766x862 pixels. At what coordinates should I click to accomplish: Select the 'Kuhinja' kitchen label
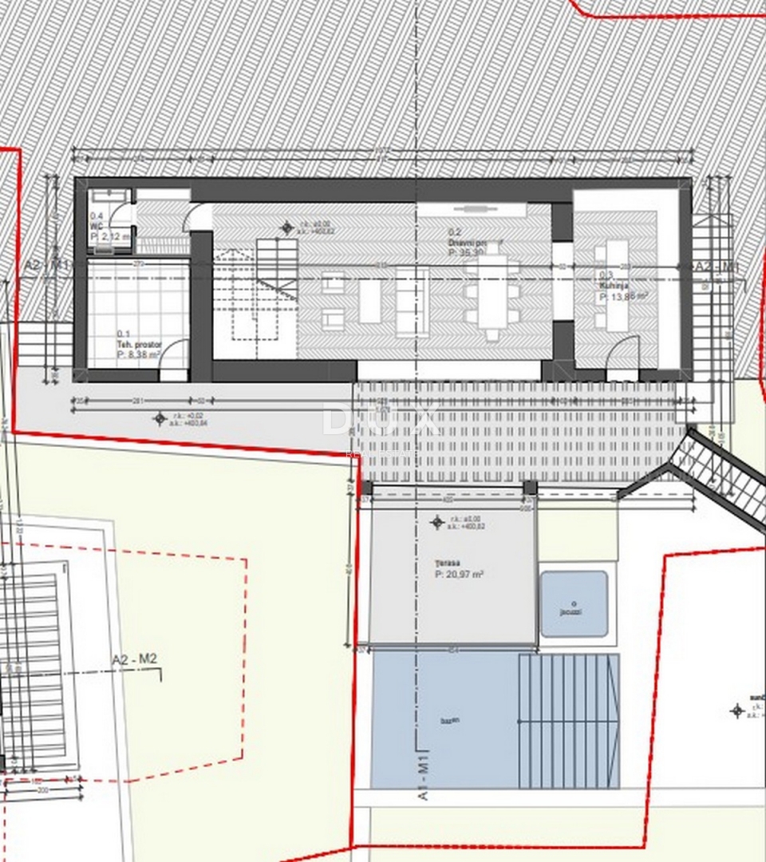[x=613, y=284]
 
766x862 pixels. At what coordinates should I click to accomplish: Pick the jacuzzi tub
[x=574, y=603]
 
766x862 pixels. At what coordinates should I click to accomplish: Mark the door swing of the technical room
[x=172, y=360]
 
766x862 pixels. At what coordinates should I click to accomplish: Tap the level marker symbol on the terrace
[x=436, y=523]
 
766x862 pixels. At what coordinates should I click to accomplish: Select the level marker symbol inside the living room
[x=286, y=228]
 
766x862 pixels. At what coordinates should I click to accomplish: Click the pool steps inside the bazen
[x=568, y=720]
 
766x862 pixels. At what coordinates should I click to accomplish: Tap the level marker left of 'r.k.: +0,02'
[x=160, y=417]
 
